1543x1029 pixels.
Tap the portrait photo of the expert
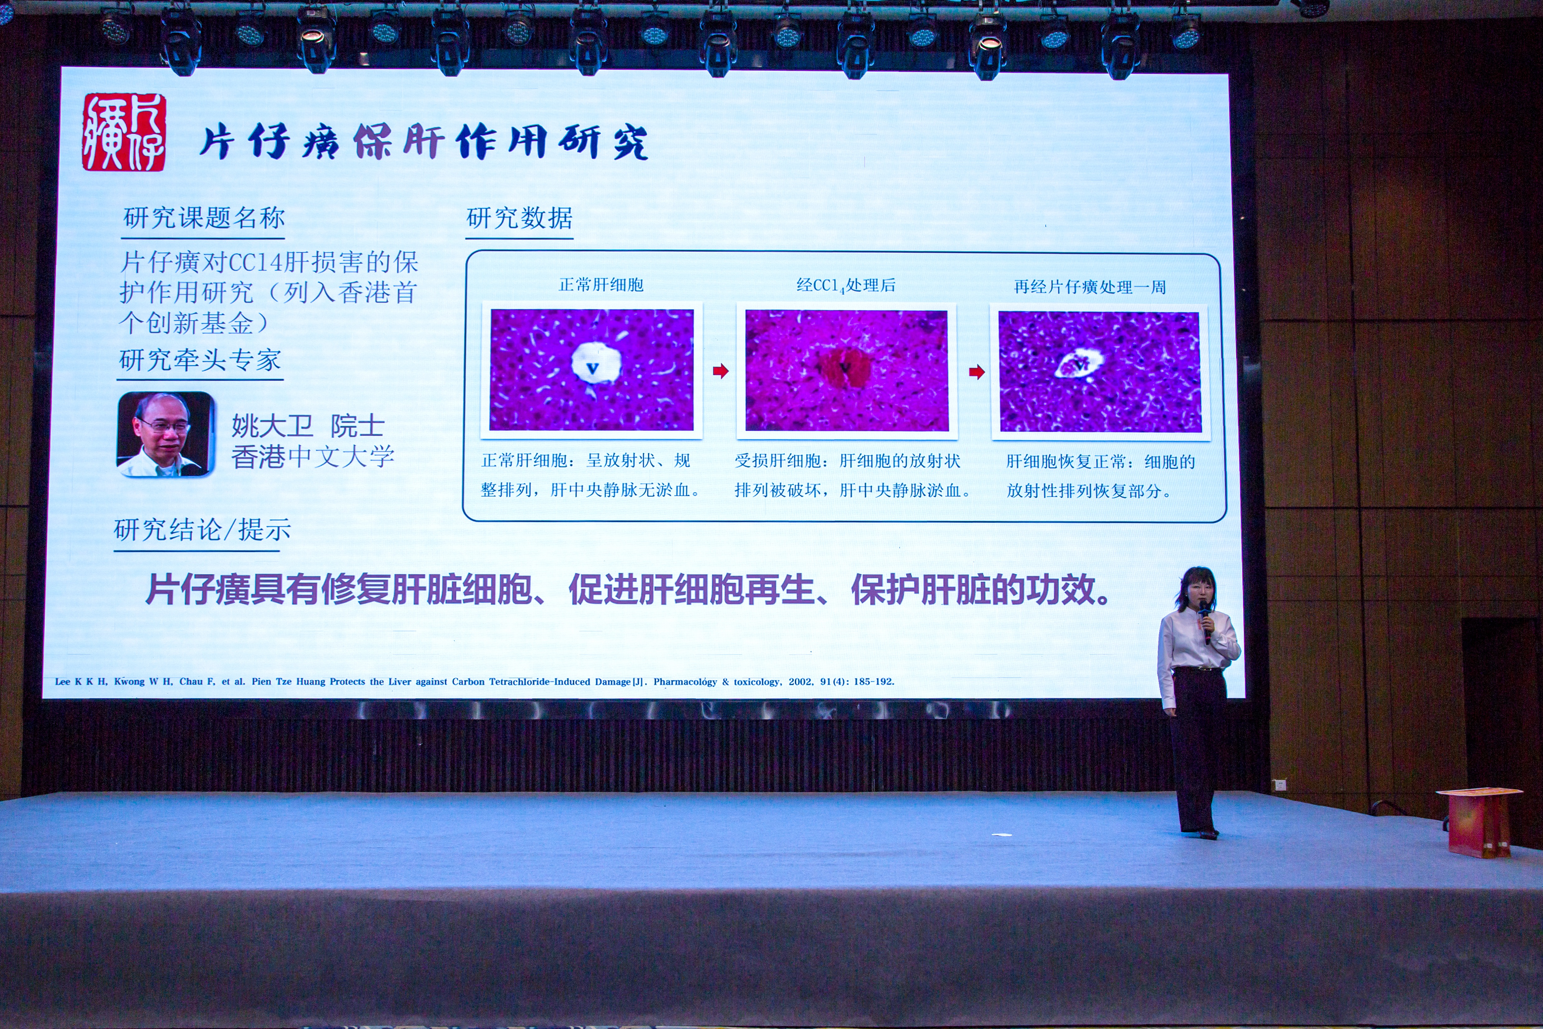pyautogui.click(x=166, y=434)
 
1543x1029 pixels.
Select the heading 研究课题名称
pyautogui.click(x=204, y=218)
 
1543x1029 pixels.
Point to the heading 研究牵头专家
pyautogui.click(x=200, y=360)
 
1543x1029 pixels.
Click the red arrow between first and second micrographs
pyautogui.click(x=720, y=371)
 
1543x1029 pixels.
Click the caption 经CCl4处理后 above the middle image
pyautogui.click(x=846, y=285)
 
